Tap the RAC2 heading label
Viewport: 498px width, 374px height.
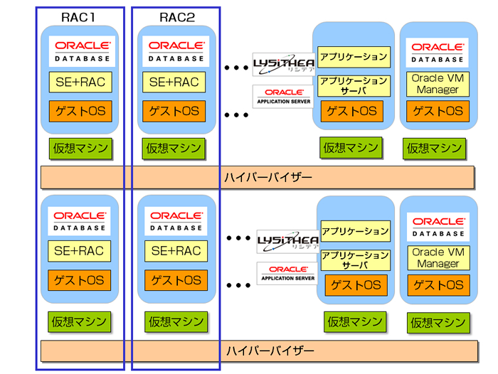176,15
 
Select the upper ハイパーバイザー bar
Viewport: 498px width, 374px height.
258,176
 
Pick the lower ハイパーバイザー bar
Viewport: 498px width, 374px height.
258,351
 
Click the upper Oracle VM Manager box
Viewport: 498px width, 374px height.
438,84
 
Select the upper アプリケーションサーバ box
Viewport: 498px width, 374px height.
354,86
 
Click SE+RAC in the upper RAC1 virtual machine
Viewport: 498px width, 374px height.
80,82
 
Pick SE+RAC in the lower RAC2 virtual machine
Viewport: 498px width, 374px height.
176,250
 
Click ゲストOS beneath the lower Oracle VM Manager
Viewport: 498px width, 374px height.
438,286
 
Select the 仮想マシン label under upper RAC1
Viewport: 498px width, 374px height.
80,148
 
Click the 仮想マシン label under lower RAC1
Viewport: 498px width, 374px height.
80,321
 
